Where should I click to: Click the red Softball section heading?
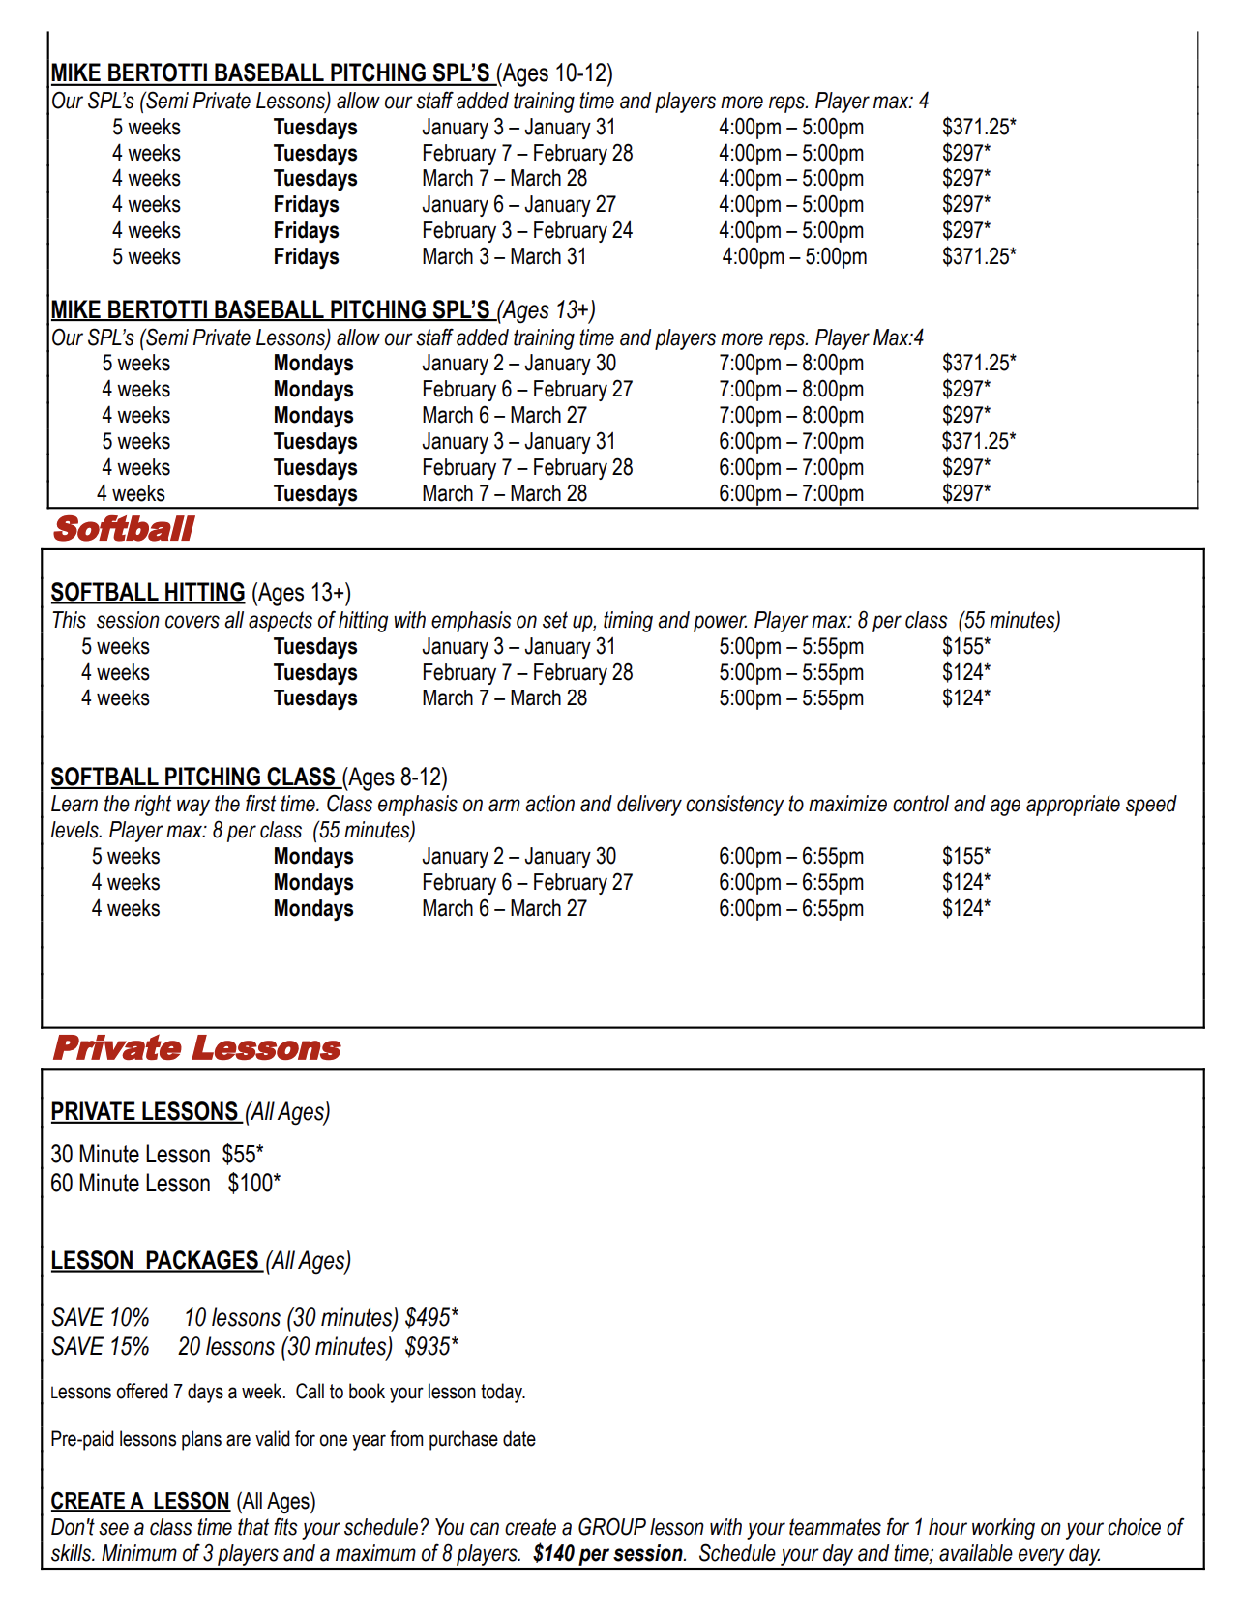tap(124, 529)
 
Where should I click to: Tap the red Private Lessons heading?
tap(196, 1048)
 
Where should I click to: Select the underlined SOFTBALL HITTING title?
tap(148, 592)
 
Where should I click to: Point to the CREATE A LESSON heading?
tap(140, 1501)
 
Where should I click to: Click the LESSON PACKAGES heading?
tap(155, 1261)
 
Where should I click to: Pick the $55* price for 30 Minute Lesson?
tap(243, 1155)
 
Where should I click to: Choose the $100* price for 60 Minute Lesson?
tap(254, 1184)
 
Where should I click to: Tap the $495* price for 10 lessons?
tap(431, 1318)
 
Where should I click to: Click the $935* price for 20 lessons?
tap(431, 1347)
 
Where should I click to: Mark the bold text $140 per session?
tap(608, 1554)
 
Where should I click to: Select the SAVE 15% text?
tap(101, 1347)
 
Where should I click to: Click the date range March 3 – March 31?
tap(504, 257)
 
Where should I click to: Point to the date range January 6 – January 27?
tap(518, 205)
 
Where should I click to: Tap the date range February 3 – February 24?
tap(527, 231)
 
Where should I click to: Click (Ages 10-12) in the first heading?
tap(555, 73)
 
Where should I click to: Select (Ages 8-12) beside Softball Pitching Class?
tap(395, 778)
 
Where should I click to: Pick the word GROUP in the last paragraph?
tap(611, 1528)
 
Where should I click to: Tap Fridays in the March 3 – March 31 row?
tap(306, 257)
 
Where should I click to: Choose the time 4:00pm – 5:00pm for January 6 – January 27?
tap(791, 205)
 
